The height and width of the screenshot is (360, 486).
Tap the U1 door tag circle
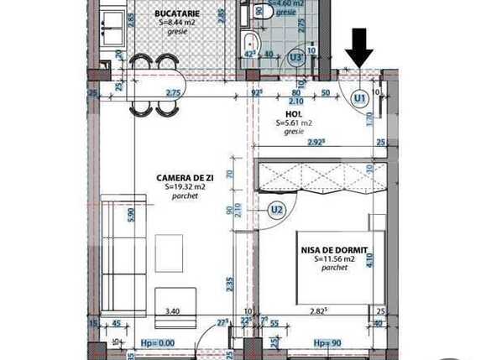360,98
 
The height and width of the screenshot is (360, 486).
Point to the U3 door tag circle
295,57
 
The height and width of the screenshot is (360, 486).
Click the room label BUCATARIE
177,13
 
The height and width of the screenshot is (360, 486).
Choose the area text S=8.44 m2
177,23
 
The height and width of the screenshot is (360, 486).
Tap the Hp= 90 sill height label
327,343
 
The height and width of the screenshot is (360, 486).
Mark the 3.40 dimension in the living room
173,311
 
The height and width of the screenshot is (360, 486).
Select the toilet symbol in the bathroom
261,11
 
